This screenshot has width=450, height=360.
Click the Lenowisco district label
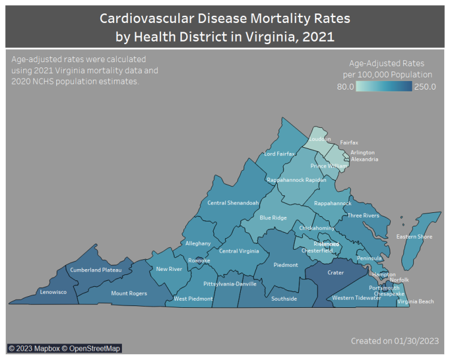click(53, 291)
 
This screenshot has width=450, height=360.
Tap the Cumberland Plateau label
click(96, 270)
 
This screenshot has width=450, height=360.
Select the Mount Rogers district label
click(129, 293)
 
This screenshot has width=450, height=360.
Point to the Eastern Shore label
click(414, 237)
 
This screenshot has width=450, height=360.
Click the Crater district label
click(335, 273)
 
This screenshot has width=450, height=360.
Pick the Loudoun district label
click(319, 140)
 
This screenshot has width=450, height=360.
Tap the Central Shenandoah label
click(233, 203)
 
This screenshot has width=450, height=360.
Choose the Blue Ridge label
click(273, 218)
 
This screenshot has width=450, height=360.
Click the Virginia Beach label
click(415, 301)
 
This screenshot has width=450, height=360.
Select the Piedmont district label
click(285, 265)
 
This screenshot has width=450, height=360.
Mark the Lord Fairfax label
click(279, 154)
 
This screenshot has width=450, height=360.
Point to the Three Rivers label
click(363, 216)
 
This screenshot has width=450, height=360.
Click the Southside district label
click(284, 298)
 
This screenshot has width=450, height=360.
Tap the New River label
click(169, 269)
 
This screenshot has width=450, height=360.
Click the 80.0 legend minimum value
click(345, 87)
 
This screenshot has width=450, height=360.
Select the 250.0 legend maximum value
click(425, 87)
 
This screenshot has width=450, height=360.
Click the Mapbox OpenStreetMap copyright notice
click(64, 348)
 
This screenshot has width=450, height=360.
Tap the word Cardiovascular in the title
click(149, 18)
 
